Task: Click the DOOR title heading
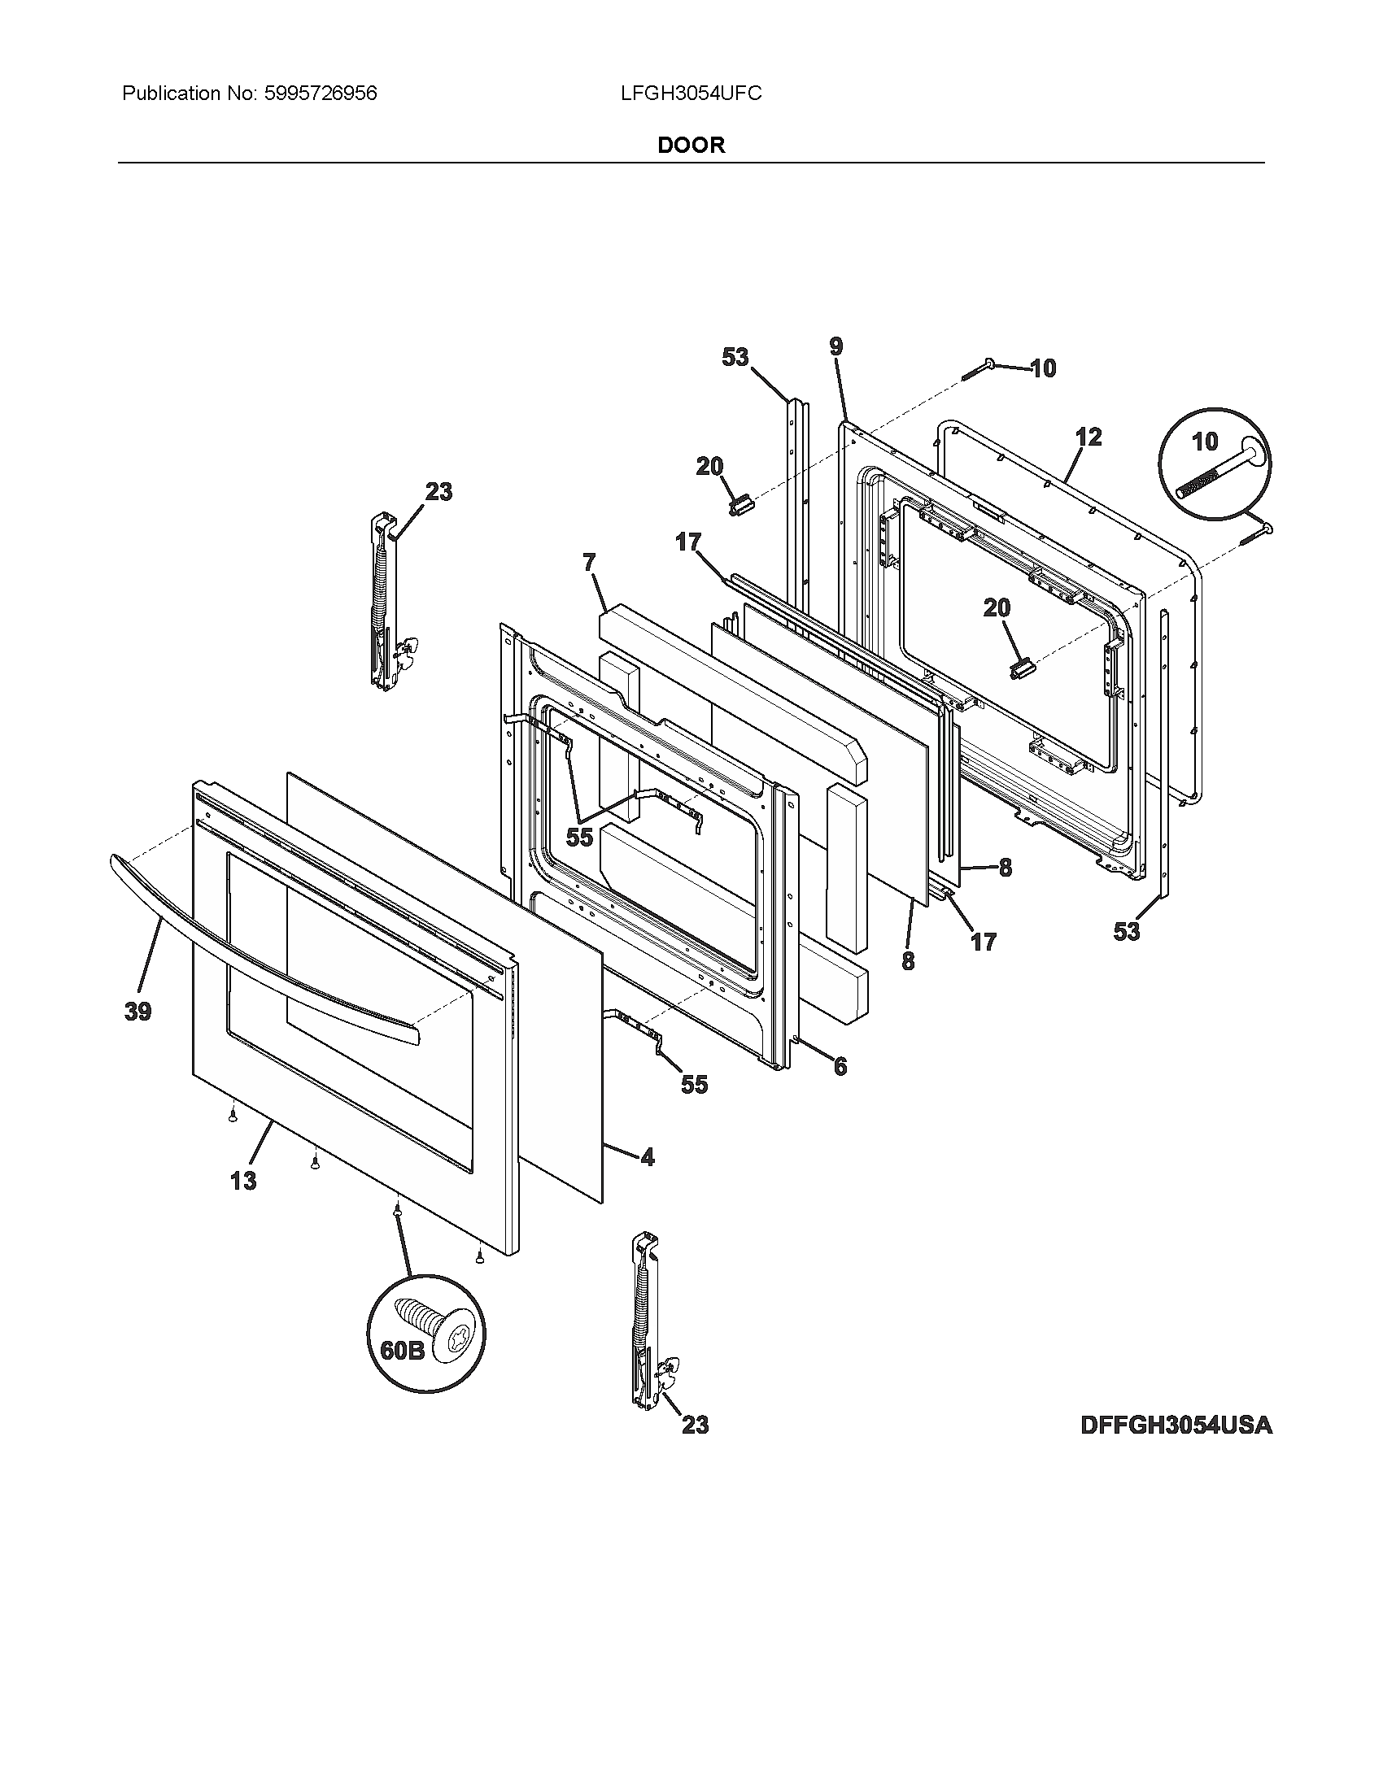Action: (691, 146)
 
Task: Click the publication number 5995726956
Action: (321, 94)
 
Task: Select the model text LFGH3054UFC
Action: (691, 94)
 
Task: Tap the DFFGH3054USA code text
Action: (1176, 1426)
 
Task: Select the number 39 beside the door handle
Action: (137, 1012)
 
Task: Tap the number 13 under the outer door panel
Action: (243, 1181)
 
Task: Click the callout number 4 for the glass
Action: (648, 1157)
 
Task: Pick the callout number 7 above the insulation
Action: (589, 563)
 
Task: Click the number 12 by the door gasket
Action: (1088, 437)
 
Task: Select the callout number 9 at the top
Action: (835, 346)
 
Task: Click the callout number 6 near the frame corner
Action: (840, 1066)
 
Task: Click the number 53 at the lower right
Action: (1126, 931)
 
